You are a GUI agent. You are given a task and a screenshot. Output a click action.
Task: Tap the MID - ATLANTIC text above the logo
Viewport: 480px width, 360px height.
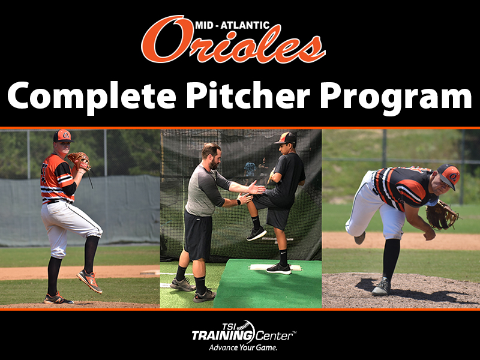pyautogui.click(x=232, y=25)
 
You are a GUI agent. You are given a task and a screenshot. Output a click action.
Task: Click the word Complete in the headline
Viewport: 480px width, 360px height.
pyautogui.click(x=92, y=95)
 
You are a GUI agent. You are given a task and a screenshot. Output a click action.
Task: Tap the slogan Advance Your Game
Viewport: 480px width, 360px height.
pyautogui.click(x=243, y=347)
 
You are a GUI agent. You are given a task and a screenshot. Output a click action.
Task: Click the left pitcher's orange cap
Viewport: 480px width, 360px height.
pyautogui.click(x=63, y=136)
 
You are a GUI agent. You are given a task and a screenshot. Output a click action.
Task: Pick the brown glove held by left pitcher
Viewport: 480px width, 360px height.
pyautogui.click(x=80, y=161)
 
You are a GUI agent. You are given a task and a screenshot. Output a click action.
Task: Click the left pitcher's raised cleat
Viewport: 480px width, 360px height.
pyautogui.click(x=89, y=281)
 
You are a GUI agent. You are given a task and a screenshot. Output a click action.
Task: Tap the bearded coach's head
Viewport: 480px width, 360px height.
pyautogui.click(x=212, y=155)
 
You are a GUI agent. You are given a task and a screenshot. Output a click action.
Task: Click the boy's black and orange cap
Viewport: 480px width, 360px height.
pyautogui.click(x=286, y=138)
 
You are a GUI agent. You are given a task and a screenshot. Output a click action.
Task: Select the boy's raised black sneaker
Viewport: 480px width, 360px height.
pyautogui.click(x=257, y=233)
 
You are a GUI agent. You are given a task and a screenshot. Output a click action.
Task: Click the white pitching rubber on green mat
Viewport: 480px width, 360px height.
pyautogui.click(x=275, y=267)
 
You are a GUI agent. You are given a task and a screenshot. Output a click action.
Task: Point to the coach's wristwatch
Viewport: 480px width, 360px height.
pyautogui.click(x=238, y=202)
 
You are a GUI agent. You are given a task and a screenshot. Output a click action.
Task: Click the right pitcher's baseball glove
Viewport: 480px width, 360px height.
pyautogui.click(x=441, y=215)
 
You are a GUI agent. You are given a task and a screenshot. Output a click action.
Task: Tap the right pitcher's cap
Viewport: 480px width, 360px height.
pyautogui.click(x=449, y=175)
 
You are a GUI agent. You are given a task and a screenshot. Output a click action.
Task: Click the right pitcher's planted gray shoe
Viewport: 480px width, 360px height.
pyautogui.click(x=382, y=287)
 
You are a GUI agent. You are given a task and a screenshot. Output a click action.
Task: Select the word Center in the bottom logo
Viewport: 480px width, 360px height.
pyautogui.click(x=274, y=336)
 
